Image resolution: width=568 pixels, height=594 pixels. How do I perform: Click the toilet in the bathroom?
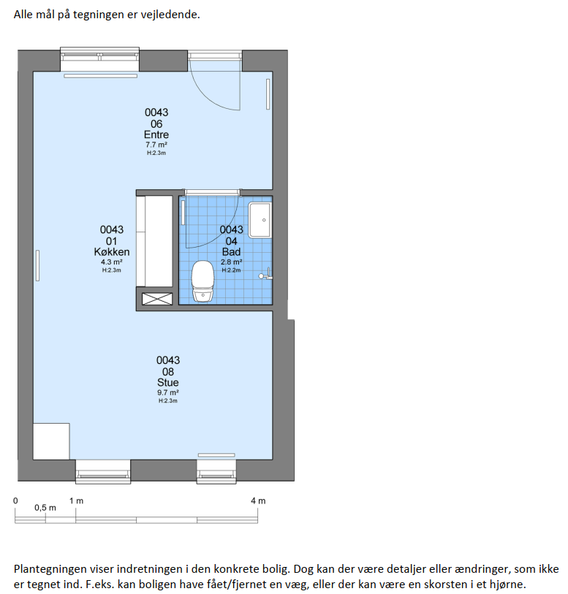pyautogui.click(x=202, y=281)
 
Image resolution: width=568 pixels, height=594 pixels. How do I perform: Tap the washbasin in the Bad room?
pyautogui.click(x=260, y=220)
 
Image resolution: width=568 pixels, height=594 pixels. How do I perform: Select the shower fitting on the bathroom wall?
pyautogui.click(x=265, y=274)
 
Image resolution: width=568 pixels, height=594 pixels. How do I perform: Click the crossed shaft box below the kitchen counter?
pyautogui.click(x=157, y=299)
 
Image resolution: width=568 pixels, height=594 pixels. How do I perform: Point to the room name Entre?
pyautogui.click(x=156, y=134)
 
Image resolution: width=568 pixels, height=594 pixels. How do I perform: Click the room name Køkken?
pyautogui.click(x=112, y=252)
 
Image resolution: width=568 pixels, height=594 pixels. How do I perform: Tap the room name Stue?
pyautogui.click(x=168, y=383)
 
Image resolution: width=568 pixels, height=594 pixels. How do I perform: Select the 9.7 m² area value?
pyautogui.click(x=168, y=393)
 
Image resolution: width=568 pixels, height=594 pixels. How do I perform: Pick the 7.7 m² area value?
pyautogui.click(x=156, y=145)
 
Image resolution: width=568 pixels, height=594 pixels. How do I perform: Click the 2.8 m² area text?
pyautogui.click(x=232, y=262)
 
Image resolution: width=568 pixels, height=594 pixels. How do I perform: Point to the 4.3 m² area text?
pyautogui.click(x=112, y=262)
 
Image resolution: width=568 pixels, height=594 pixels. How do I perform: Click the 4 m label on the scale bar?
pyautogui.click(x=258, y=500)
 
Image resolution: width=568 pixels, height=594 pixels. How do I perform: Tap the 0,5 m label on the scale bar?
pyautogui.click(x=45, y=508)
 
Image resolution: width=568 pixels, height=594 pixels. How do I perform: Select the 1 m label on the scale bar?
pyautogui.click(x=76, y=500)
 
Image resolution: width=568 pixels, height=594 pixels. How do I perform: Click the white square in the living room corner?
pyautogui.click(x=51, y=441)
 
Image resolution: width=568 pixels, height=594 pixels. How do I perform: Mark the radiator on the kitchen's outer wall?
pyautogui.click(x=37, y=265)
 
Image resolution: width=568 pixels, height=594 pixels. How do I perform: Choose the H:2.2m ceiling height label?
pyautogui.click(x=231, y=270)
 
